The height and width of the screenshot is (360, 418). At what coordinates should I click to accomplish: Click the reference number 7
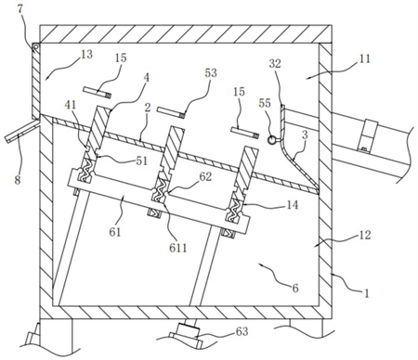coord(20,9)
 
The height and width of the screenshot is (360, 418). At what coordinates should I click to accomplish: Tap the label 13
coord(86,54)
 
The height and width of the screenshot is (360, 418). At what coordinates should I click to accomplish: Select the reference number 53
coord(211,72)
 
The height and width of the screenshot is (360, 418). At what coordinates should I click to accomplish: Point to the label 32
coord(275,63)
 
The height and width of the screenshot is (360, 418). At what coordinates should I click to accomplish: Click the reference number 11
coord(364,58)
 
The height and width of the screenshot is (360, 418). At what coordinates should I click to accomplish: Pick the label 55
coord(265,103)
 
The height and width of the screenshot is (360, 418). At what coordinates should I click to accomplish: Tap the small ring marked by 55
coord(272,140)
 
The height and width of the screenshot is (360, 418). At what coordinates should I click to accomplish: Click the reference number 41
coord(70,105)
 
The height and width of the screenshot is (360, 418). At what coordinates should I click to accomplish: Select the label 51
coord(141,161)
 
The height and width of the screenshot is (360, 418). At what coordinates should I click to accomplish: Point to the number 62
coord(205,176)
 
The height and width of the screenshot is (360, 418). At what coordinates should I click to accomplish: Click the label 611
coord(178,248)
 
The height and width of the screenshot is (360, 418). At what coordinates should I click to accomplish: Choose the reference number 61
coord(114,232)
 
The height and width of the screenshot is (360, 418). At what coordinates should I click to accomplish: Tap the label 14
coord(293,205)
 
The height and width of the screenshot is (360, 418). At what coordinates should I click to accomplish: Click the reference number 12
coord(364,235)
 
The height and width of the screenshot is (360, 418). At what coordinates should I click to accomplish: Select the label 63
coord(242,331)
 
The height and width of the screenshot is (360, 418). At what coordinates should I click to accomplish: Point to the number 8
coord(18,179)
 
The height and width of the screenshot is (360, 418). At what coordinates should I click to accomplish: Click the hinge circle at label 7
coord(36,47)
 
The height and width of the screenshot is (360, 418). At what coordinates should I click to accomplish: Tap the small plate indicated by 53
coord(172,112)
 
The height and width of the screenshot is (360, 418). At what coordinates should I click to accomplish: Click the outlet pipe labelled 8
coord(22,132)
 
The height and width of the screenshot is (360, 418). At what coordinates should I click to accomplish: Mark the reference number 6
coord(295,288)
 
